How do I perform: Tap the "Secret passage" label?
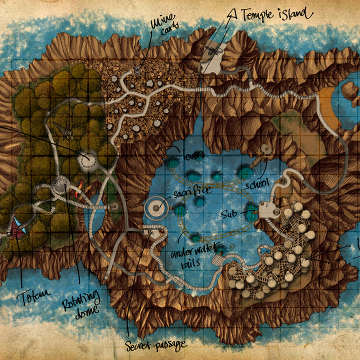click(x=156, y=343)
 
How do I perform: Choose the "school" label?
click(x=257, y=183)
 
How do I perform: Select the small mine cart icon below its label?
click(x=136, y=70)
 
